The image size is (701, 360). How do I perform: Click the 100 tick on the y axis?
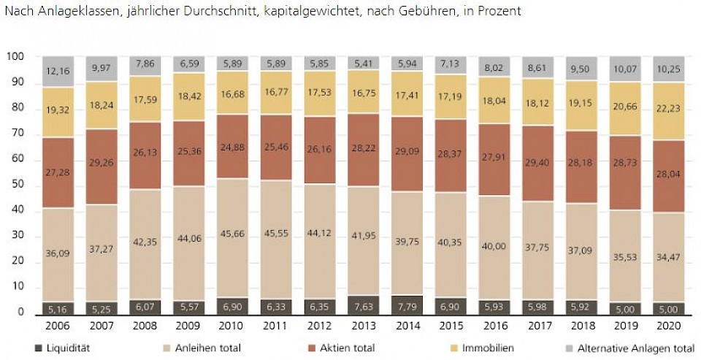15,57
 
